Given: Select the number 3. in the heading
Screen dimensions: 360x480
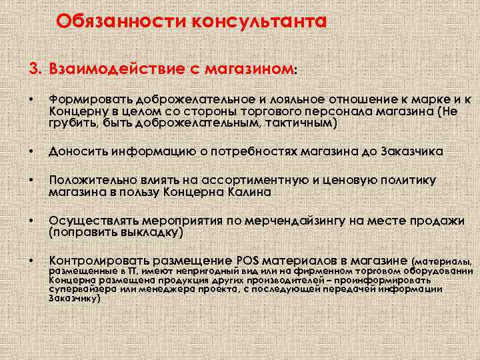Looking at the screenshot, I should point(35,69).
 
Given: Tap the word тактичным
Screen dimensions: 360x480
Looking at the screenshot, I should point(299,123).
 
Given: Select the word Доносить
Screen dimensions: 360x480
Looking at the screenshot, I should point(75,151).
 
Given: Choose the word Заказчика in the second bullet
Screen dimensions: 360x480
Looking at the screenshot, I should point(412,151).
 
